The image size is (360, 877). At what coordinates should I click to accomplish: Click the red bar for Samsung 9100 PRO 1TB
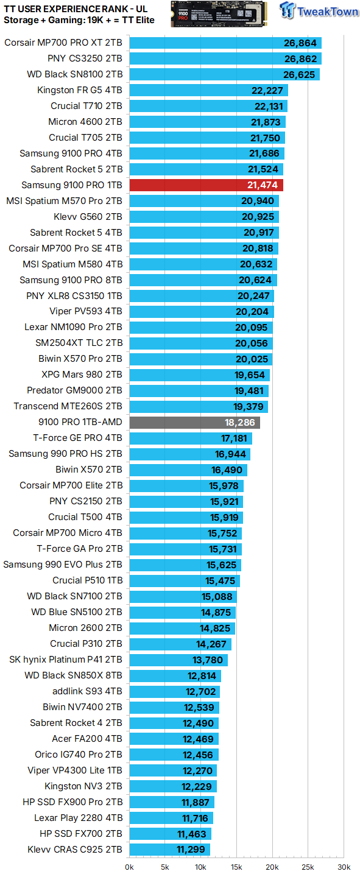click(x=206, y=185)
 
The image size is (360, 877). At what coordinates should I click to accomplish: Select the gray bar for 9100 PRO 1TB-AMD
click(x=194, y=423)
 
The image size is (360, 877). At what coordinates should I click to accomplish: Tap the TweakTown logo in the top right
click(x=319, y=12)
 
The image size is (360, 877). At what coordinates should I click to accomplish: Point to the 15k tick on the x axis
click(x=236, y=867)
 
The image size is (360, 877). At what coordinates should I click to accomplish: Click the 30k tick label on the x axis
click(x=344, y=867)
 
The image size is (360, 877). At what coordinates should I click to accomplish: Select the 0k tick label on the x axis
click(x=130, y=867)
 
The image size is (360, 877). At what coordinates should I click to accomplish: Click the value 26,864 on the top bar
click(x=300, y=43)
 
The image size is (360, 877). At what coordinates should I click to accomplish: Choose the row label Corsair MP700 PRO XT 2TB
click(x=63, y=43)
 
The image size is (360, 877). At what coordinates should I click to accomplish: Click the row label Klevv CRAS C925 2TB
click(x=75, y=850)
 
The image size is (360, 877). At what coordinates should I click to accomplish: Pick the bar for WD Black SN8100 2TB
click(x=224, y=74)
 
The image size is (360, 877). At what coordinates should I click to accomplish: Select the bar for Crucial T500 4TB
click(x=186, y=518)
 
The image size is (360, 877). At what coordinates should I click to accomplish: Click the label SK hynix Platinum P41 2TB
click(x=66, y=660)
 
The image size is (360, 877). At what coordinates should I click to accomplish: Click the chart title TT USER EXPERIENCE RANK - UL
click(x=76, y=9)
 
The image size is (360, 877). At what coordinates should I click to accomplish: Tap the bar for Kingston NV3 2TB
click(x=173, y=786)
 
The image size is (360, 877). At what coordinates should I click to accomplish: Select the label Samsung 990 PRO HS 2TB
click(x=66, y=454)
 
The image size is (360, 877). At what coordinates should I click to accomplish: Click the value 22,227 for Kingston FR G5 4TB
click(x=267, y=90)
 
